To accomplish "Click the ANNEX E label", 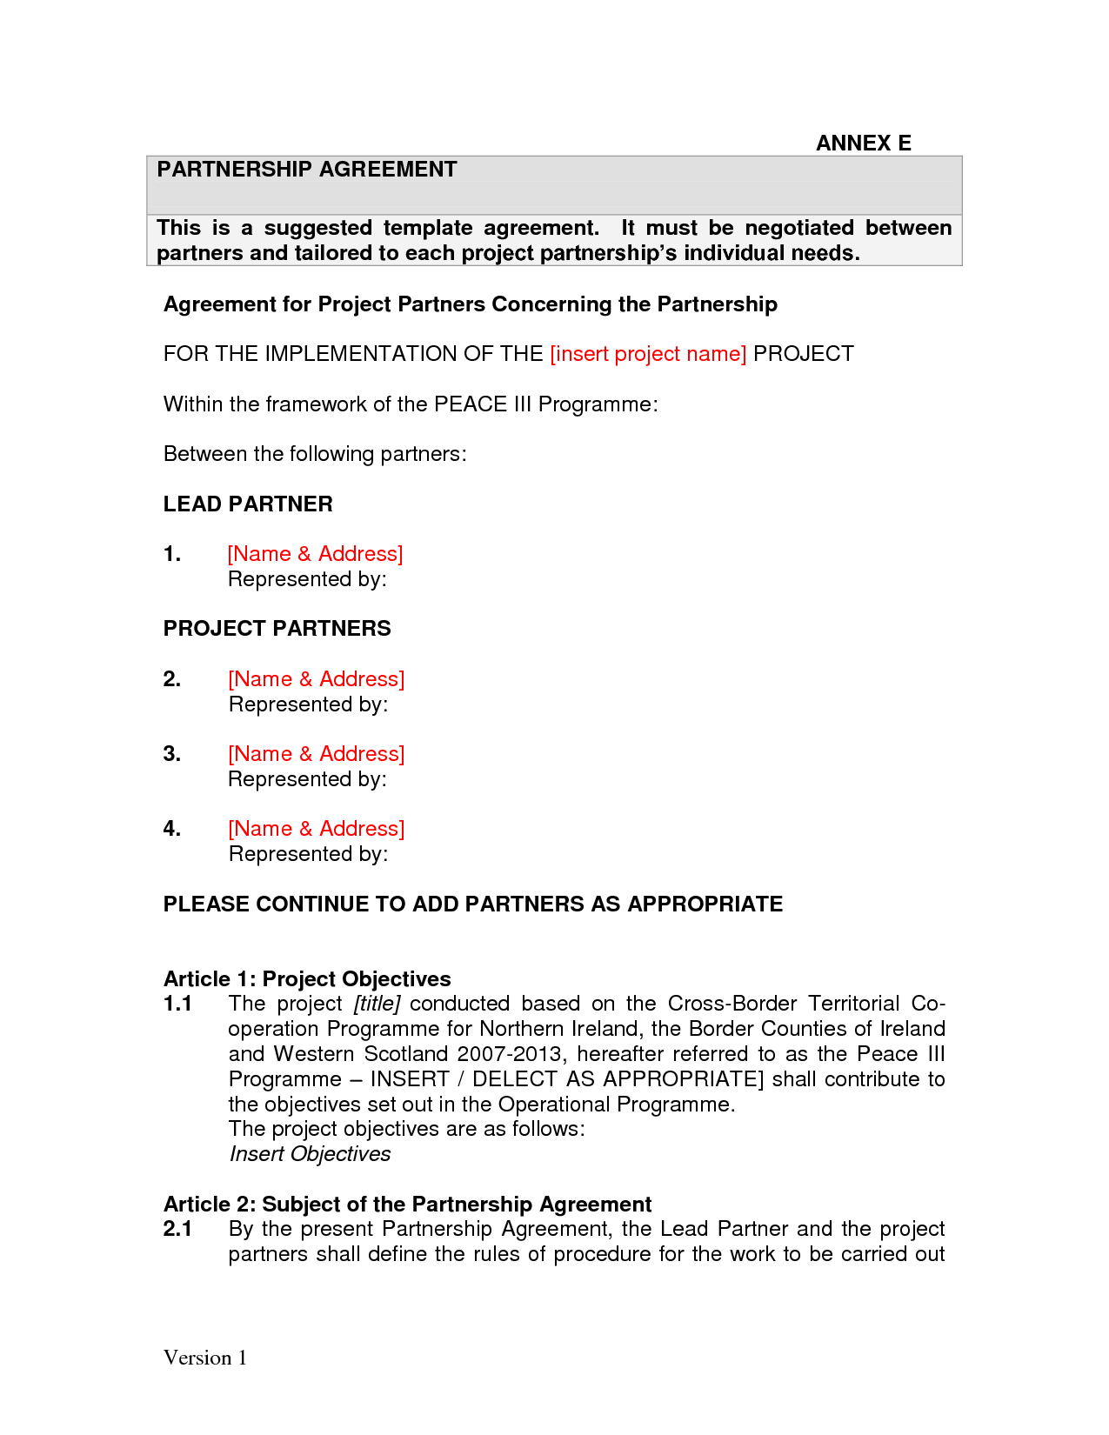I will tap(863, 143).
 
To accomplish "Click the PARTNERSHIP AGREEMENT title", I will tap(306, 170).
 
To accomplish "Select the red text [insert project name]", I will tap(648, 354).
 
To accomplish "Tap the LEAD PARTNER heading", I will tap(248, 504).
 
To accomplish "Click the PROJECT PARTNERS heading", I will tap(277, 629).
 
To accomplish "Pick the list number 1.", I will tap(171, 554).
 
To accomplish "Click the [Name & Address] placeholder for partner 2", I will tap(316, 679).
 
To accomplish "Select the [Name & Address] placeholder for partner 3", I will tap(316, 754).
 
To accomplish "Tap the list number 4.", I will tap(171, 829).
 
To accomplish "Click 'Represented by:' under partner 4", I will tap(308, 854).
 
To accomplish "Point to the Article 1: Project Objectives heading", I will tap(307, 979).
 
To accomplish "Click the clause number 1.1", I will tap(177, 1004).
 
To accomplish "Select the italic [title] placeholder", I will tap(377, 1004).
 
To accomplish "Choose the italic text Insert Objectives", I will tap(310, 1154).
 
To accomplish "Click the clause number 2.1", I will tap(177, 1229).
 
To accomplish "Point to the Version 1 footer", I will tap(205, 1358).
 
